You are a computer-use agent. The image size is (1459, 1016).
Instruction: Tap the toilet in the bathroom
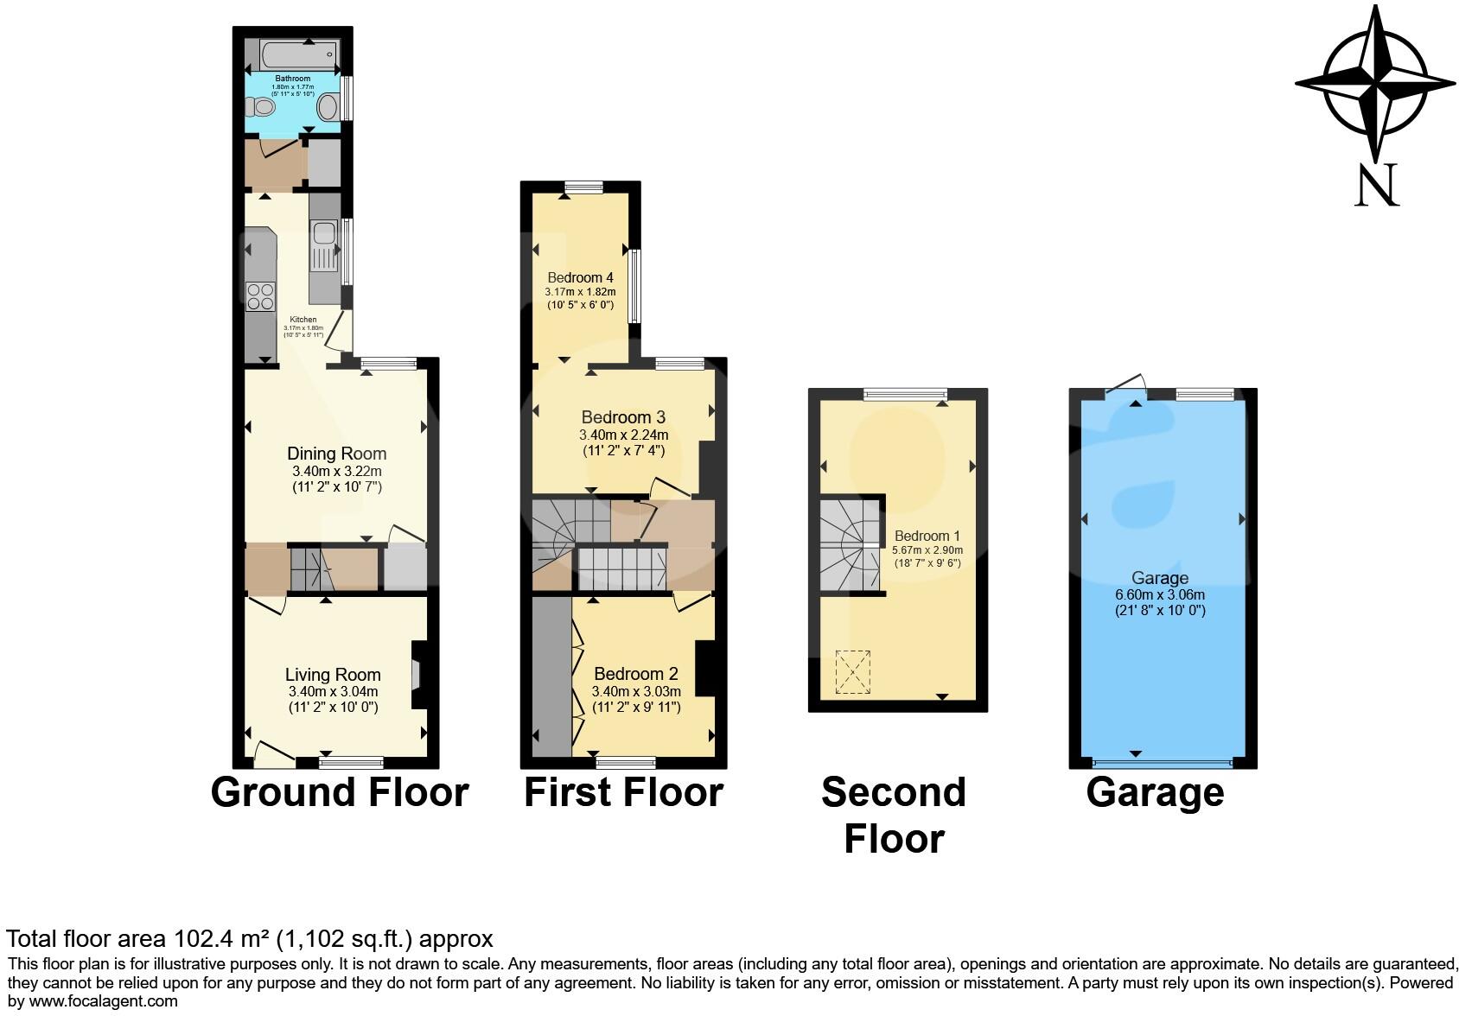pos(259,108)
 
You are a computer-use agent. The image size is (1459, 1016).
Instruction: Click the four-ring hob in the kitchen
pos(260,296)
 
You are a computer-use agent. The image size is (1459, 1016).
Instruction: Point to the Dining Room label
pos(336,454)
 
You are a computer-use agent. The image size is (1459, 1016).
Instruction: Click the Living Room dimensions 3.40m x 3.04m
pos(333,692)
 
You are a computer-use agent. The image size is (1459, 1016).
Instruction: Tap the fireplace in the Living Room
pos(418,672)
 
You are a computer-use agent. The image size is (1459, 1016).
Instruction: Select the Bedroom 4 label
pos(580,277)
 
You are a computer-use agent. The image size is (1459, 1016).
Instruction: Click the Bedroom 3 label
pos(622,417)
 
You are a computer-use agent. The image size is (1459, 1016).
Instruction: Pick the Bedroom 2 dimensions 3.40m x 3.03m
pos(636,691)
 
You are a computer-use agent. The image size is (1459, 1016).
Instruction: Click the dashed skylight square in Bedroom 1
pos(852,672)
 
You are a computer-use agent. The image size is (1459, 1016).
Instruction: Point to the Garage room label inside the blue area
pos(1159,578)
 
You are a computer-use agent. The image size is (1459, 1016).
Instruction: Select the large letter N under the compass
pos(1376,186)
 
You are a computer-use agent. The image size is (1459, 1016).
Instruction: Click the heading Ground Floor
pos(340,792)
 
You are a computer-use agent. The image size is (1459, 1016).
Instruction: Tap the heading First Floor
pos(623,792)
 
